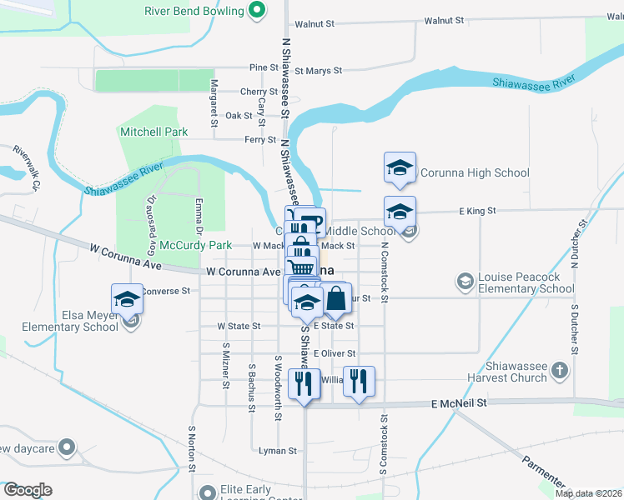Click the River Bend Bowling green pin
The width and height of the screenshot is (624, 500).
[258, 11]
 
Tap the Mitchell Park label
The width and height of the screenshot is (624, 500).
[154, 132]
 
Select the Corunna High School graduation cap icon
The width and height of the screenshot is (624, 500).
[400, 169]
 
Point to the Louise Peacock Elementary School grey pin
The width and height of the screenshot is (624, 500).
[465, 282]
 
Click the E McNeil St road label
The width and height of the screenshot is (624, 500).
[459, 402]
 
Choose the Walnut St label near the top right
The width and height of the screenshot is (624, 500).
[443, 20]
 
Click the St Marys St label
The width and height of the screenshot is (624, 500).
[318, 71]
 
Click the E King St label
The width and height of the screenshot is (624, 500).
[477, 212]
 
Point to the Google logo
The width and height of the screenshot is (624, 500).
[28, 490]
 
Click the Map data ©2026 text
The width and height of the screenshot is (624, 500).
[587, 492]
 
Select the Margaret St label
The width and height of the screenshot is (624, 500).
[214, 102]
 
